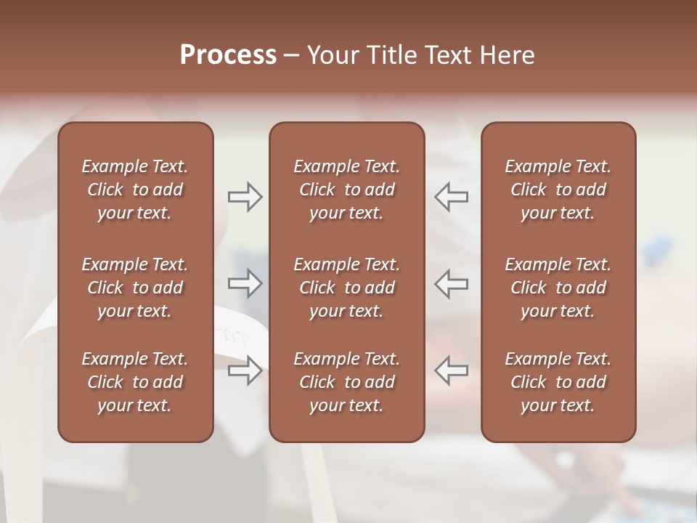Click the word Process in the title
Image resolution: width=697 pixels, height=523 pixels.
228,55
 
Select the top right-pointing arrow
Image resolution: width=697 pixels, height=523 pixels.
245,197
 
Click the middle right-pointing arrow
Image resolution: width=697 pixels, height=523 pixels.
245,283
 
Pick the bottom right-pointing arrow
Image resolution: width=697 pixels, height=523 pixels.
245,370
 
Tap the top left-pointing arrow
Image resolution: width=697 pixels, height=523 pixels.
452,197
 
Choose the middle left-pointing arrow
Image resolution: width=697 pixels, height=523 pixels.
452,283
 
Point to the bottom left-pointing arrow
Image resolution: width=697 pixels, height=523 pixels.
452,370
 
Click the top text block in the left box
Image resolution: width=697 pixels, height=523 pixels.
135,190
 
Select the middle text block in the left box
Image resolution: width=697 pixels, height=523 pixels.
135,288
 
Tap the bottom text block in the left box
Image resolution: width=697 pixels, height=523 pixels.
135,382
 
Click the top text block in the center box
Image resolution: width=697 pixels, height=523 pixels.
346,190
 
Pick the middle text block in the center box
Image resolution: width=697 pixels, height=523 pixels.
346,288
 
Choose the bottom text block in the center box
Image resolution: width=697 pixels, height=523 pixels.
346,382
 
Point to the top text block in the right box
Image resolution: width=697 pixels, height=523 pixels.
558,190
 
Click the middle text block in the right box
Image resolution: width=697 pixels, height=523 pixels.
558,288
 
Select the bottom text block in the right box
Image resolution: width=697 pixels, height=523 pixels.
558,382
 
